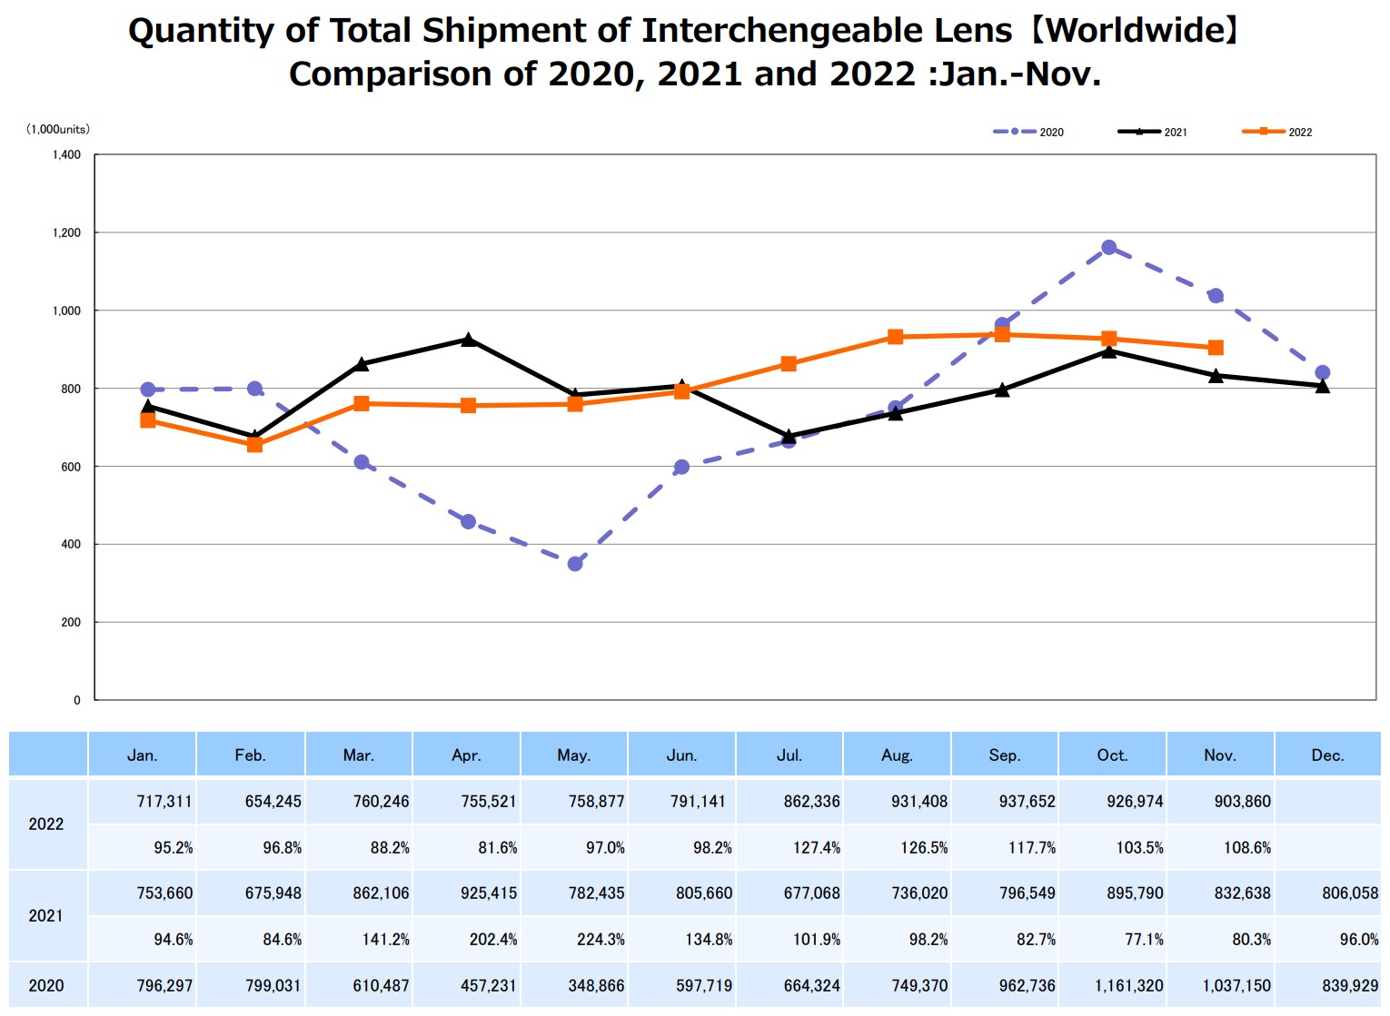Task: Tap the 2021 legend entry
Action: tap(1153, 133)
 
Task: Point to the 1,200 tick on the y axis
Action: tap(66, 233)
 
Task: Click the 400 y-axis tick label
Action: tap(70, 545)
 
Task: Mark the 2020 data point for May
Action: tap(575, 564)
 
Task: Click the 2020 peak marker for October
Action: tap(1108, 248)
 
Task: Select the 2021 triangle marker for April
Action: tap(468, 340)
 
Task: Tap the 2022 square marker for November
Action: tap(1216, 348)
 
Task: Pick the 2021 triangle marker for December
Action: tap(1323, 386)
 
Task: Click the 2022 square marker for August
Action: tap(895, 337)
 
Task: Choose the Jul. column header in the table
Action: tap(789, 755)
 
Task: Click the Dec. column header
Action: tap(1327, 755)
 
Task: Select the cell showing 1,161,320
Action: tap(1128, 986)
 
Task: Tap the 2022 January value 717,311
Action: tap(164, 802)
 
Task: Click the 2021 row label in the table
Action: tap(46, 916)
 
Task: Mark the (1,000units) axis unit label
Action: tap(58, 130)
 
